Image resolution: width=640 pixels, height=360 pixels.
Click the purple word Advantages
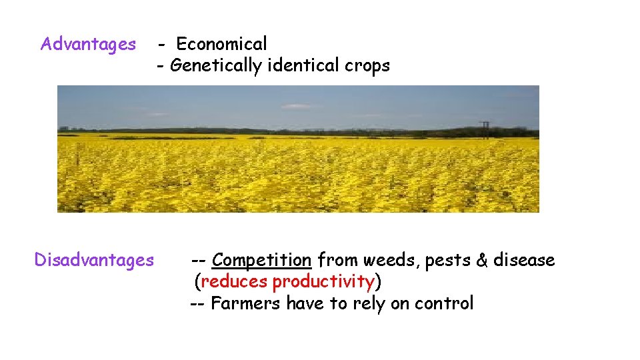pos(88,45)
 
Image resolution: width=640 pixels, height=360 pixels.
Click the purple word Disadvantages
pos(94,259)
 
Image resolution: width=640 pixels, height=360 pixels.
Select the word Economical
pos(221,45)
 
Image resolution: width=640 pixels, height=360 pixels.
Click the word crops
pos(367,66)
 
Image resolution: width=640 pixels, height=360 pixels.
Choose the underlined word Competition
pos(262,260)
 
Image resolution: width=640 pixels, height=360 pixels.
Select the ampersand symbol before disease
pos(483,260)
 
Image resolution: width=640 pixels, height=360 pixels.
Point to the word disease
pos(525,260)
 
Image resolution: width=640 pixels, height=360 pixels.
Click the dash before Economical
pos(163,45)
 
